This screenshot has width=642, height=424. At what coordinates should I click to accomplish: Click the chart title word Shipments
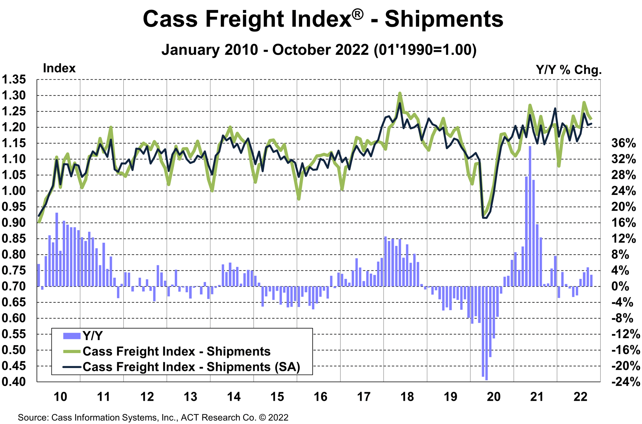[x=444, y=19]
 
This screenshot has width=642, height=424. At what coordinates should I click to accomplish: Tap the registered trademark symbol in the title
[x=358, y=14]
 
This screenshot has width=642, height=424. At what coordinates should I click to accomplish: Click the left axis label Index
[x=59, y=68]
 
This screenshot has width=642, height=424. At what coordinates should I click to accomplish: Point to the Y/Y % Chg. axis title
[x=568, y=70]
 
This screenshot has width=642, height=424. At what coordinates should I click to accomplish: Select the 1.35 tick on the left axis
[x=14, y=80]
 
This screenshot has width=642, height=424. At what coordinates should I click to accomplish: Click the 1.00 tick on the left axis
[x=14, y=191]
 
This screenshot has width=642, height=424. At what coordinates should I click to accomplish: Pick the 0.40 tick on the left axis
[x=14, y=382]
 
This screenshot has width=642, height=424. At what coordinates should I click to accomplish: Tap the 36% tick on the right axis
[x=624, y=143]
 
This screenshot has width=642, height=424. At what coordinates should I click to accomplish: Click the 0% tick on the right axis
[x=620, y=286]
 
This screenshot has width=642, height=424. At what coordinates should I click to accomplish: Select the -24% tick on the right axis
[x=626, y=382]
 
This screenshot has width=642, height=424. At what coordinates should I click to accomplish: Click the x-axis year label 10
[x=61, y=397]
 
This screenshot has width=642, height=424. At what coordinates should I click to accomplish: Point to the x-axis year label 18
[x=407, y=397]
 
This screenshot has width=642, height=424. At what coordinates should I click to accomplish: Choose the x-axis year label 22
[x=580, y=397]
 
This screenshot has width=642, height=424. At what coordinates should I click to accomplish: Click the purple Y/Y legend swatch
[x=72, y=336]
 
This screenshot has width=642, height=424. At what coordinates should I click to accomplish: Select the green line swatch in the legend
[x=72, y=351]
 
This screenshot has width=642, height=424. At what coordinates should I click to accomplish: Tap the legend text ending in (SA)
[x=191, y=367]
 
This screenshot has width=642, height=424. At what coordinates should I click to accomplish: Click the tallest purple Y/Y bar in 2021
[x=530, y=215]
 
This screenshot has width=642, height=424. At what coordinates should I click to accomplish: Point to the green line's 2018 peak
[x=400, y=93]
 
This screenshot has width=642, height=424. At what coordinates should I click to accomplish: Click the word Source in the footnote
[x=33, y=418]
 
